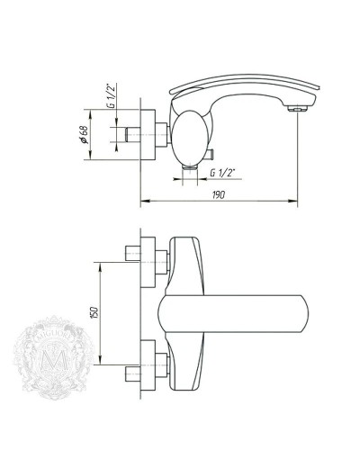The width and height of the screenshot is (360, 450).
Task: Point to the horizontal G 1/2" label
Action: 223,171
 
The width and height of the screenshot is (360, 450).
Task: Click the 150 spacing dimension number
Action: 93,314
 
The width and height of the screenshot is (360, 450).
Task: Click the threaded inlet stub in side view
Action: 133,135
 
